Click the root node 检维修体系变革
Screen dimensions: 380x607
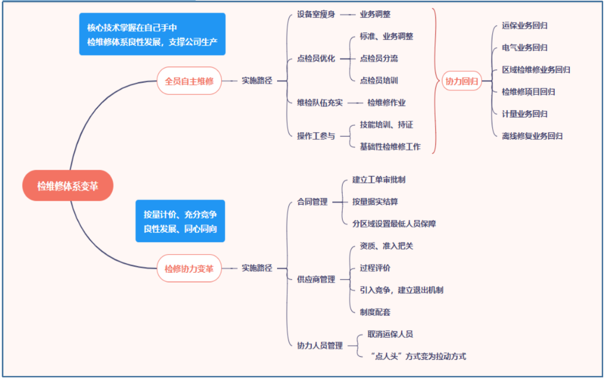click(x=67, y=186)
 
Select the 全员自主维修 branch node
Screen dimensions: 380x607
click(x=189, y=80)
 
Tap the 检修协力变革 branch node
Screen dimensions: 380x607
click(x=189, y=268)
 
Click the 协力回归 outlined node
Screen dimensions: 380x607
click(x=461, y=81)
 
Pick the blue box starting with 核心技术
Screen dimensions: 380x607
click(x=152, y=34)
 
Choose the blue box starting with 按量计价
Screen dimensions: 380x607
click(x=180, y=221)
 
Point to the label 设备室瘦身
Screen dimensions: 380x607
click(x=316, y=14)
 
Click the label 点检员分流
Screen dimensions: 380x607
click(x=379, y=58)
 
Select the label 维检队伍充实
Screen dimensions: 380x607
click(x=320, y=102)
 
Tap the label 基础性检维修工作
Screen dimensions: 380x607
click(x=390, y=147)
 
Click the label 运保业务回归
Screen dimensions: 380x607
click(x=524, y=26)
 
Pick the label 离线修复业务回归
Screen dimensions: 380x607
click(x=532, y=135)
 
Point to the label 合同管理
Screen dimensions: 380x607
click(x=312, y=202)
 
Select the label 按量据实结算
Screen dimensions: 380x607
click(x=375, y=201)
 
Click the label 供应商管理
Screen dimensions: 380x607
click(x=316, y=279)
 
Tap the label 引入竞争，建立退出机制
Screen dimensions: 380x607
click(x=401, y=290)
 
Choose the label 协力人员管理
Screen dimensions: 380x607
click(x=320, y=346)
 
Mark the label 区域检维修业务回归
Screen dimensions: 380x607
click(x=536, y=70)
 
